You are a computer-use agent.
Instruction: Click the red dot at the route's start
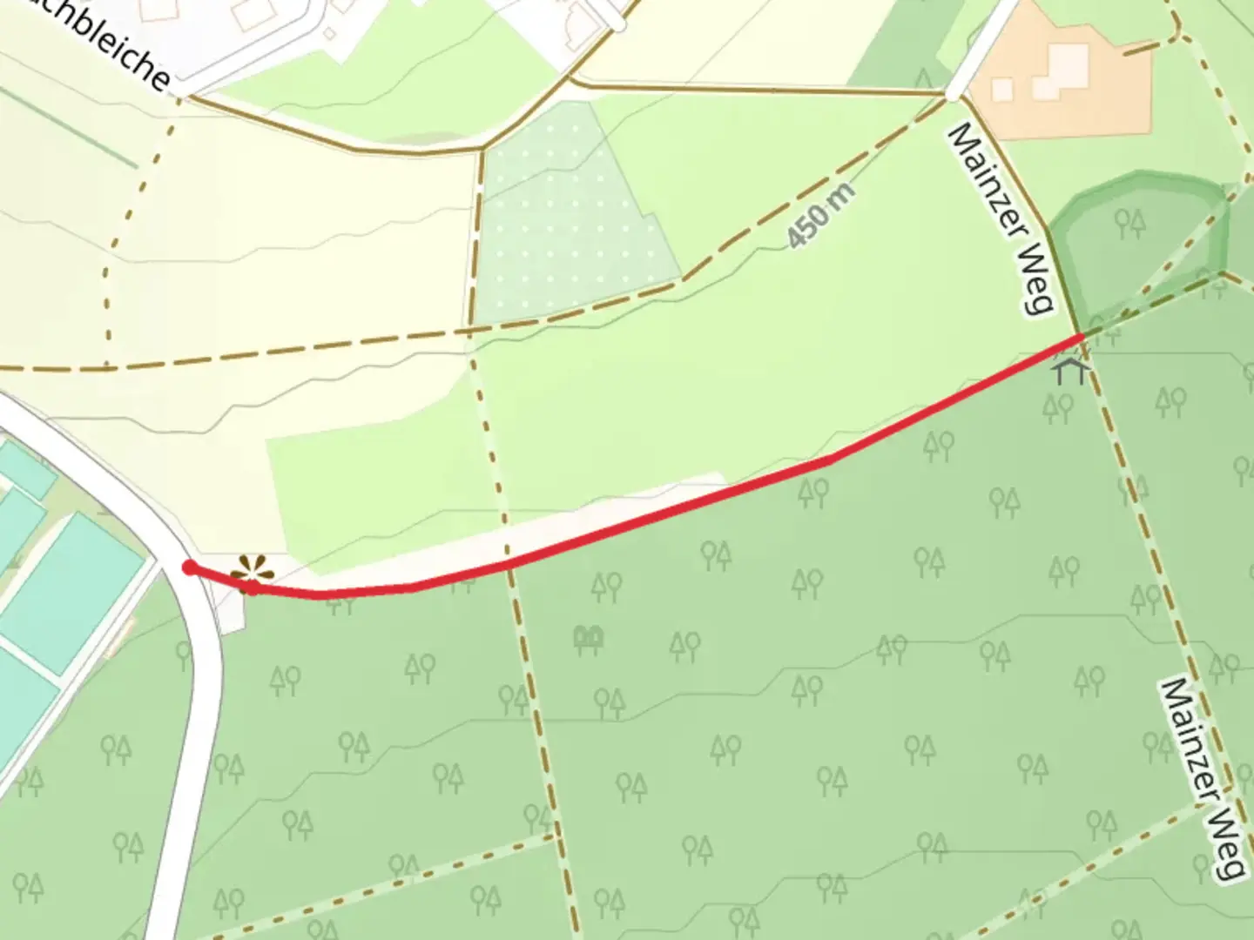(x=189, y=568)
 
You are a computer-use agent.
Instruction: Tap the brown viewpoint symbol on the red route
(x=251, y=573)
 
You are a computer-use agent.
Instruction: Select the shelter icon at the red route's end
(x=1070, y=371)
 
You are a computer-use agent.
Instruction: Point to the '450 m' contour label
(x=819, y=216)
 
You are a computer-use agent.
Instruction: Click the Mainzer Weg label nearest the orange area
(x=1001, y=218)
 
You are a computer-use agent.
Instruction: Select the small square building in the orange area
(x=1002, y=90)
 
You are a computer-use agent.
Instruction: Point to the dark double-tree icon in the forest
(x=589, y=640)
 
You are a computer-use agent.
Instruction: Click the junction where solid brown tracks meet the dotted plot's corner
(x=482, y=150)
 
